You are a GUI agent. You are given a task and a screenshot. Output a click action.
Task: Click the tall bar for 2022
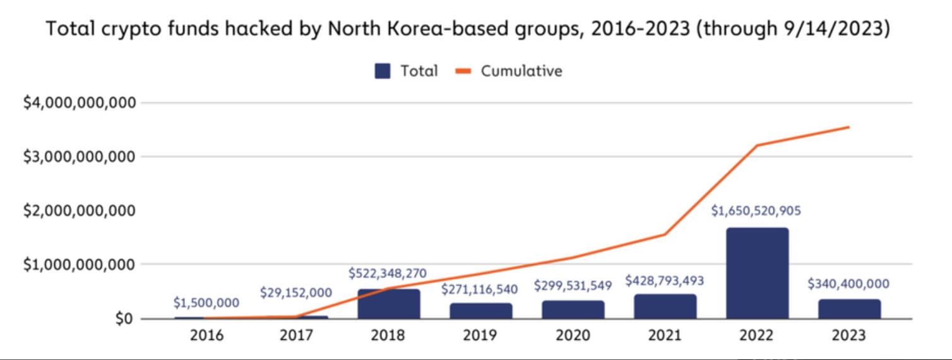[x=757, y=273]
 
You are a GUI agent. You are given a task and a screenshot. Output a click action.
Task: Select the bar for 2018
[x=389, y=304]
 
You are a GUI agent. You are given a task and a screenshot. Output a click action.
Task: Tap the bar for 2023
[x=849, y=309]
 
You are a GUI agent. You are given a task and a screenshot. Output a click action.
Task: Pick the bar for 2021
[x=665, y=306]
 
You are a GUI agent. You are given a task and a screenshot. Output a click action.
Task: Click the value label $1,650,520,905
[x=756, y=211]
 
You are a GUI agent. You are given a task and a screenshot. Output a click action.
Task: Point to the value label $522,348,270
[x=388, y=273]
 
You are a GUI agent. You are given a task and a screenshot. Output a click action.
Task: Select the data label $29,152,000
[x=296, y=293]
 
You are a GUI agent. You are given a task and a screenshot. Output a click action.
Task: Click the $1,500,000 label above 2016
[x=206, y=303]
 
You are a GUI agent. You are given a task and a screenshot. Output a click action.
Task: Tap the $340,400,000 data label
[x=848, y=284]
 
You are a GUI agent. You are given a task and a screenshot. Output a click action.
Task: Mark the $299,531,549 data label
[x=573, y=285]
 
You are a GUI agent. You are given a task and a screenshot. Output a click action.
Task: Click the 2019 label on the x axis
[x=480, y=336]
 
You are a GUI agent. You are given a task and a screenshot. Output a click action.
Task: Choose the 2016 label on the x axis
[x=206, y=336]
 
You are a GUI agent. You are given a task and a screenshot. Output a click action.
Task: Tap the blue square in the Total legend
[x=382, y=71]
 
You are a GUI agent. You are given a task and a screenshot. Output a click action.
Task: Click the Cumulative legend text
[x=521, y=71]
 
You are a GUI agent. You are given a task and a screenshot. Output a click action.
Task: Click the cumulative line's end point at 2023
[x=849, y=127]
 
